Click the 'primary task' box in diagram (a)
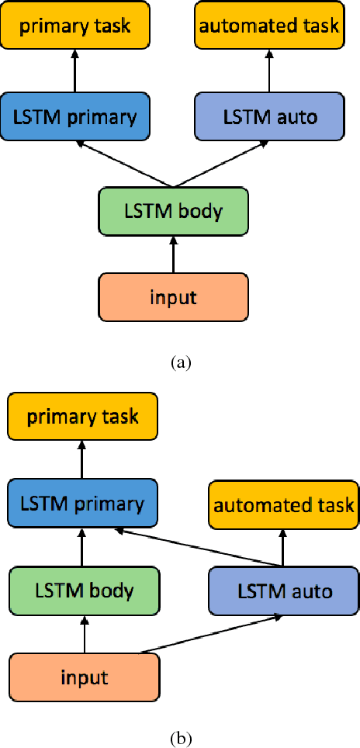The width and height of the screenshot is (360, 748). tap(75, 26)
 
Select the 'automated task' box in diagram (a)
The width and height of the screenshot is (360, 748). tap(269, 26)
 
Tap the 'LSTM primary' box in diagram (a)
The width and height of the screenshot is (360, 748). tap(75, 117)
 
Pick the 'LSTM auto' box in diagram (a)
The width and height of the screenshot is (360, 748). tap(269, 117)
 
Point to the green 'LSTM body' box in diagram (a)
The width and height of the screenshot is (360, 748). tap(172, 210)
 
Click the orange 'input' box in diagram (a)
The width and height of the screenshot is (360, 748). tap(172, 296)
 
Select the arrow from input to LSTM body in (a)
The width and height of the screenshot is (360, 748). tap(172, 253)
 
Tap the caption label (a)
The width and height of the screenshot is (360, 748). tap(180, 362)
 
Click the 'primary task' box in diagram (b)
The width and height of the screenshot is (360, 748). tap(82, 416)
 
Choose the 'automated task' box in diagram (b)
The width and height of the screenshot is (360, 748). tap(283, 506)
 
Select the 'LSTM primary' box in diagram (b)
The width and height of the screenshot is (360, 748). tap(82, 504)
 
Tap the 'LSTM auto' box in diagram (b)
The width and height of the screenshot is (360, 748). tap(283, 592)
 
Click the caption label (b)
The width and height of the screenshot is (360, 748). tap(180, 736)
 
